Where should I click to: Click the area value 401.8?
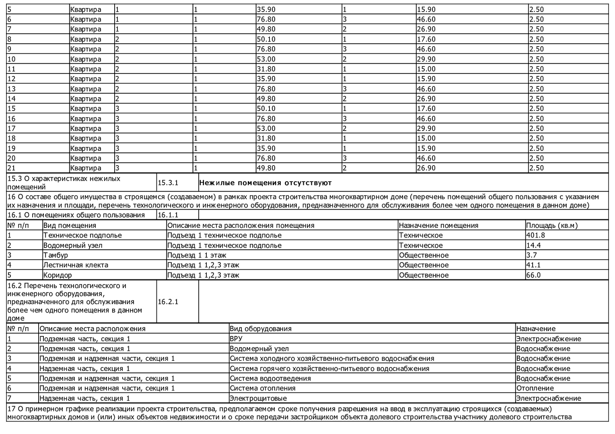click(535, 235)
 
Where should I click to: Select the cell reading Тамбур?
click(56, 255)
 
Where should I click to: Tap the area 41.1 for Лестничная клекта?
click(533, 265)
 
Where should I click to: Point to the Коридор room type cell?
click(58, 275)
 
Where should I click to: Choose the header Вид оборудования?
click(260, 329)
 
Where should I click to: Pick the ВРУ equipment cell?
click(236, 339)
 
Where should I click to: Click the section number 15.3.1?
click(168, 183)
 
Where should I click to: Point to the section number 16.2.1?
click(168, 302)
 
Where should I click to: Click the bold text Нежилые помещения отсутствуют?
click(265, 183)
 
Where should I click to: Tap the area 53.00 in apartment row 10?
click(265, 59)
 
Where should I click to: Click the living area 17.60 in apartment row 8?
click(426, 39)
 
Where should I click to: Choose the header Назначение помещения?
click(438, 225)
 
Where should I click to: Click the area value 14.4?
click(533, 246)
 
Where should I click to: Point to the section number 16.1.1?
click(168, 215)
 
